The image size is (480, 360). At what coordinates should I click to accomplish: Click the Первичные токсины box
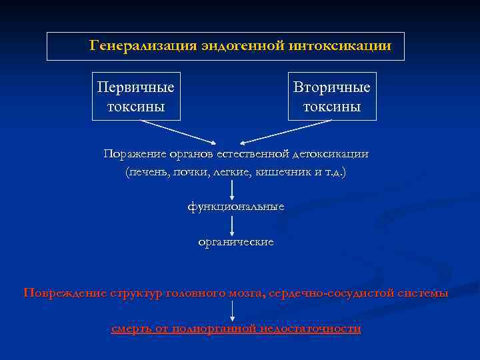(136, 97)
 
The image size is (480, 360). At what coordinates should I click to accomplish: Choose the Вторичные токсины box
(332, 97)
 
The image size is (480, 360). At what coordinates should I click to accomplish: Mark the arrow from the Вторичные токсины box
(287, 131)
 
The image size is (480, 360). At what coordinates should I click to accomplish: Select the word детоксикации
(330, 154)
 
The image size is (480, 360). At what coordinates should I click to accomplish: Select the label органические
(235, 242)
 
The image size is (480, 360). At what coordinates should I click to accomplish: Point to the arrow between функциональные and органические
(231, 225)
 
